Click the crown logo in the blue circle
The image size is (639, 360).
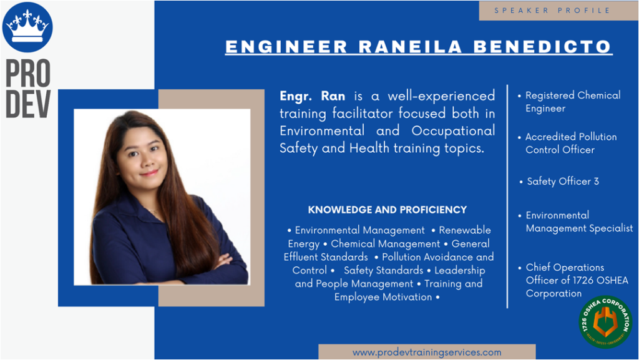coord(27,27)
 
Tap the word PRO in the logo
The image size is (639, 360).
coord(28,73)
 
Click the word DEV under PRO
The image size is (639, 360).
coord(28,104)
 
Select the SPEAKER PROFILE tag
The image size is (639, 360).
coord(552,11)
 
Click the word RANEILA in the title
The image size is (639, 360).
coord(411,46)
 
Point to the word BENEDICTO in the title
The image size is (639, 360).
coord(542,46)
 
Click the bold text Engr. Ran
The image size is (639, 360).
coord(312,96)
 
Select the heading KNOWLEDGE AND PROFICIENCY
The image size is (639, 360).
coord(387,210)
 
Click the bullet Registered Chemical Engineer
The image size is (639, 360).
coord(569,102)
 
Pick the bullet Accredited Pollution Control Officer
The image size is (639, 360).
coord(567,143)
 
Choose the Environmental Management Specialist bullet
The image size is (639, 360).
coord(575,221)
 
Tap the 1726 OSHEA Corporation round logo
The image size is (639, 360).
coord(605,322)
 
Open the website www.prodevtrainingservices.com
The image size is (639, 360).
coord(427,353)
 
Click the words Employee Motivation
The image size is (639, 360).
coord(383,297)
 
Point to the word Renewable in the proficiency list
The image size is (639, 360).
coord(464,230)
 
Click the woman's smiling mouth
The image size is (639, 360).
coord(149,173)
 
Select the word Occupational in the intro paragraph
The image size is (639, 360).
coord(453,131)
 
